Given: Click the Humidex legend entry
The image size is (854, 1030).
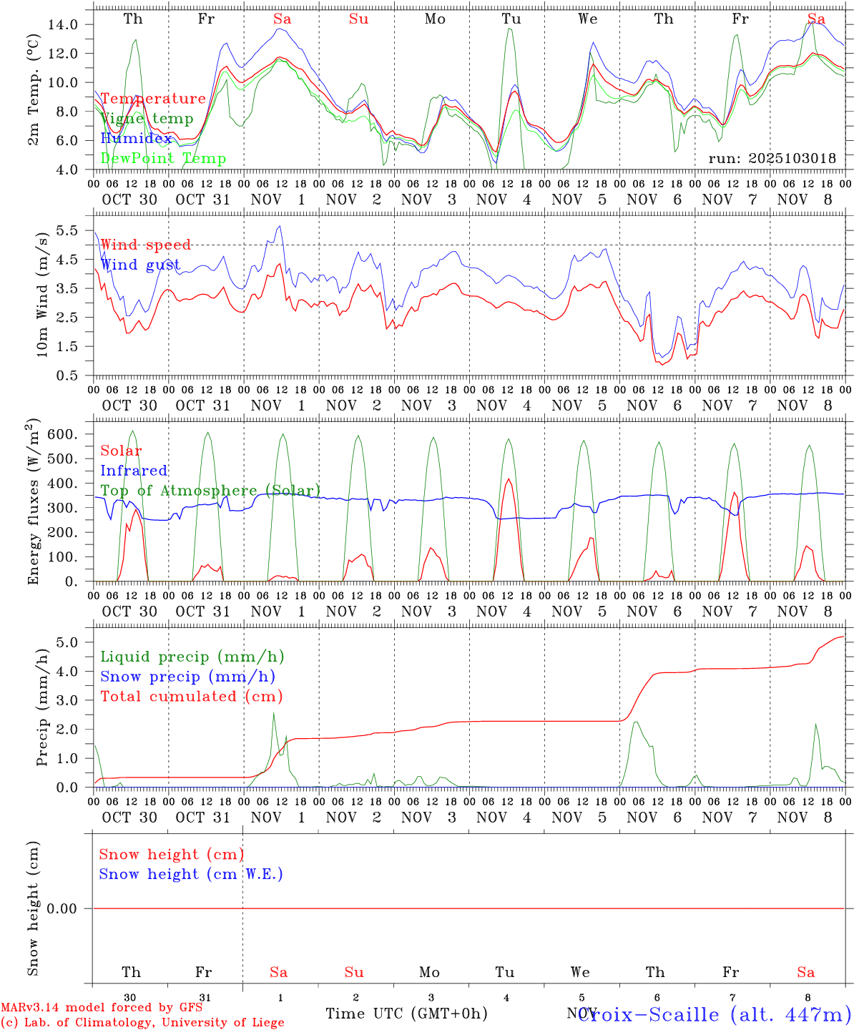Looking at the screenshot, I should point(136,138).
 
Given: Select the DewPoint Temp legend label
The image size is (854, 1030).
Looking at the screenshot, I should point(163,158).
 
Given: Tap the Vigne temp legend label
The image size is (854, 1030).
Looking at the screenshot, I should point(147,118).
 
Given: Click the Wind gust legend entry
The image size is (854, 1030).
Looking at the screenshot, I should point(140,265).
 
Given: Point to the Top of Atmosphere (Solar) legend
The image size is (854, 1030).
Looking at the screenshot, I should point(210,491).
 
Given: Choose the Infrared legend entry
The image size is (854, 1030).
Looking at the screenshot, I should point(134,471).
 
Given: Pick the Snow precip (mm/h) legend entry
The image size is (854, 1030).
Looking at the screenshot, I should point(187,677).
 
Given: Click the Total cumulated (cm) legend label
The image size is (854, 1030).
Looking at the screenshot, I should point(192,696).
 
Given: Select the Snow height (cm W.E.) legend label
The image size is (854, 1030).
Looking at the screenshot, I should point(191,874).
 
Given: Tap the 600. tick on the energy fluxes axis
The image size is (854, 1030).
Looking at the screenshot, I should point(60,434).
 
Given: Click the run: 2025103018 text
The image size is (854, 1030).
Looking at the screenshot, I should point(772,158).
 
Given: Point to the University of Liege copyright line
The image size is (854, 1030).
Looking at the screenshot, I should point(142,1022).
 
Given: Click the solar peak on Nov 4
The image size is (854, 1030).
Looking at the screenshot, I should point(508,479).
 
